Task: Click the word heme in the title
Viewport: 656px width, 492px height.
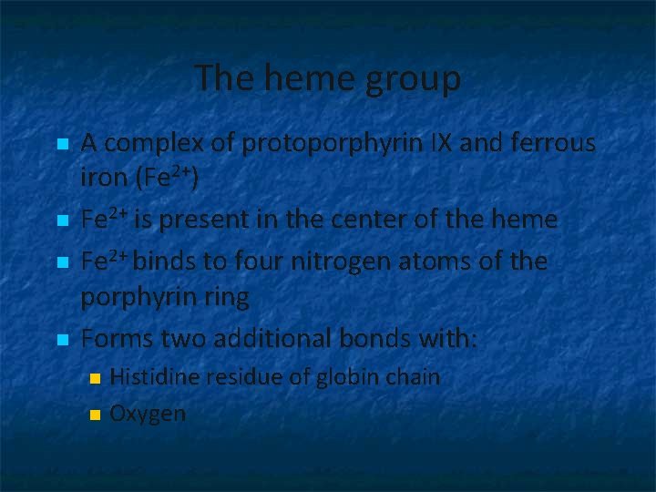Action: coord(294,78)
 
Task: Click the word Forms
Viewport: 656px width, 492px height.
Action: coord(117,338)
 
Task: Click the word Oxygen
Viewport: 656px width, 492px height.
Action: coord(148,414)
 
